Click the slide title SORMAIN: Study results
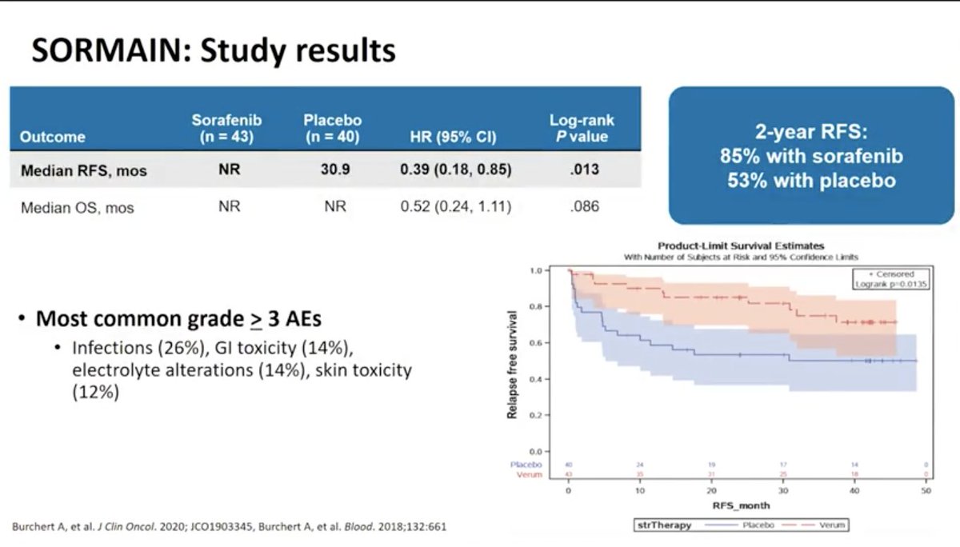(x=213, y=50)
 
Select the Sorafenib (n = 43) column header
(x=226, y=128)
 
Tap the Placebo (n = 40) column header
(x=332, y=128)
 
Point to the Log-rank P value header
(x=582, y=128)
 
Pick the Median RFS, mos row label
(x=83, y=170)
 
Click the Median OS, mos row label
(x=77, y=208)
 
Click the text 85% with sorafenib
(x=811, y=158)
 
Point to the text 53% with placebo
(x=811, y=181)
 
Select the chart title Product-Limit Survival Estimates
(x=740, y=246)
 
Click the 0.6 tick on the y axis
(x=536, y=342)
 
